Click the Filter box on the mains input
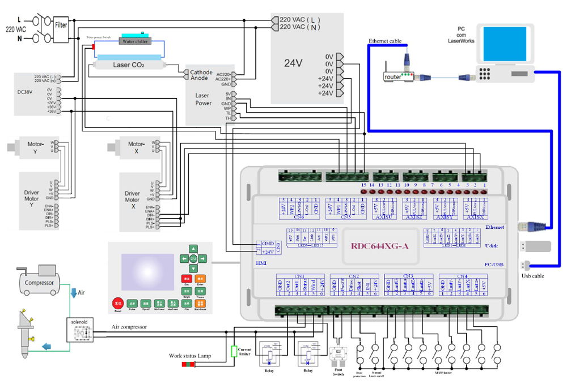pos(61,25)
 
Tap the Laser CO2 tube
pos(129,65)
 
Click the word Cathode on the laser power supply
pos(201,73)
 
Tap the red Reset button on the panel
pos(117,303)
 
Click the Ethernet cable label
pos(385,41)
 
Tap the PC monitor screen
pos(503,45)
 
